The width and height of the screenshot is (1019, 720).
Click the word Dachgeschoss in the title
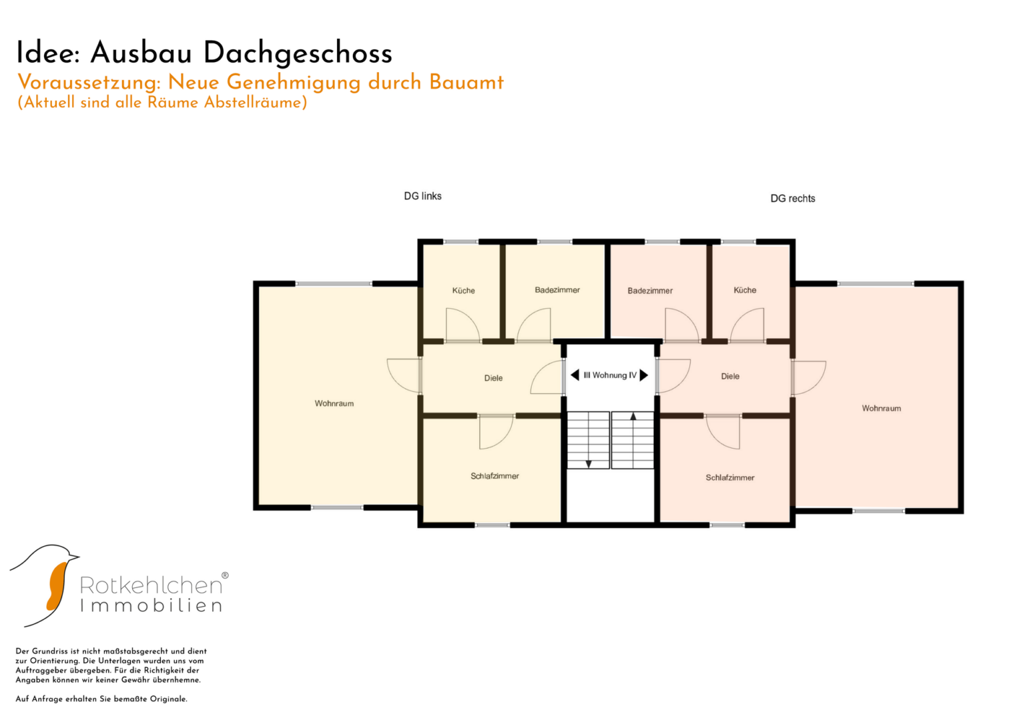(x=298, y=53)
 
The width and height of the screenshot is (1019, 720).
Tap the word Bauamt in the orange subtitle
(x=466, y=82)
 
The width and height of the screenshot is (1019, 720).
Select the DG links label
(x=422, y=196)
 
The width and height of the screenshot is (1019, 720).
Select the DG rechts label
(x=793, y=199)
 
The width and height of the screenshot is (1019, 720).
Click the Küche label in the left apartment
(x=464, y=291)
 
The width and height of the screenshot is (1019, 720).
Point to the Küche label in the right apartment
(x=745, y=290)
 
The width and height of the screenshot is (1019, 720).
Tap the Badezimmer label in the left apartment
(x=557, y=290)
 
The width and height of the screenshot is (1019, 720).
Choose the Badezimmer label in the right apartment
(x=650, y=291)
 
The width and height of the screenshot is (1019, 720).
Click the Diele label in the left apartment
(x=493, y=378)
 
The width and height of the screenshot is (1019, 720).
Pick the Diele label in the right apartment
(x=730, y=377)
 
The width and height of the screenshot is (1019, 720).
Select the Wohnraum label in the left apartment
(x=334, y=403)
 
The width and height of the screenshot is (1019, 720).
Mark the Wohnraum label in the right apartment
(x=881, y=409)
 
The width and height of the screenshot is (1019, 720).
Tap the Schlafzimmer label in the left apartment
(x=494, y=476)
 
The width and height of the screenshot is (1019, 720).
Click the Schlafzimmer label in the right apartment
(x=730, y=478)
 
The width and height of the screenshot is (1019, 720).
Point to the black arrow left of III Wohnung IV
(x=575, y=375)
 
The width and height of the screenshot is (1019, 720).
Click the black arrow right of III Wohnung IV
(x=644, y=375)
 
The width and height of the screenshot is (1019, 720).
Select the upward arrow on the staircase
(x=633, y=417)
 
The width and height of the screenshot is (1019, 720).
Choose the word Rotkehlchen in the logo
(x=151, y=585)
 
